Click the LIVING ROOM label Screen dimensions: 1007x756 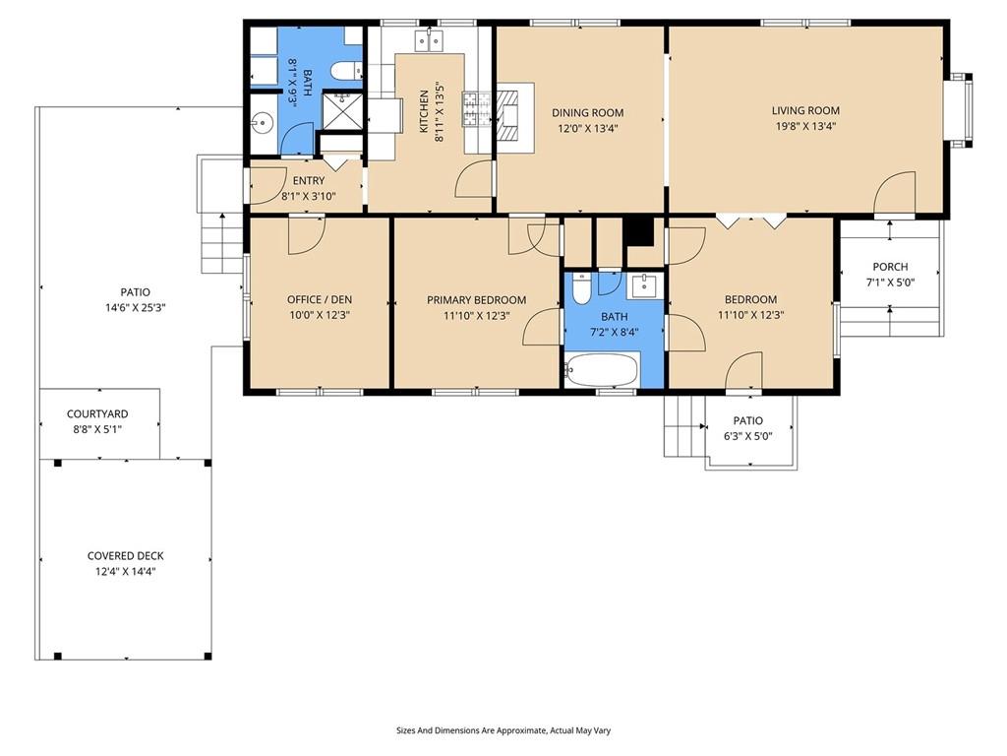coord(805,110)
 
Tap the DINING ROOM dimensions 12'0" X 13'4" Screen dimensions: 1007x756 coord(587,128)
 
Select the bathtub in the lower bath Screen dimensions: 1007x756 coord(602,370)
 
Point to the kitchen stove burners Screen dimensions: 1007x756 coord(476,108)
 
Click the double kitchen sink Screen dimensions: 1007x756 coord(429,40)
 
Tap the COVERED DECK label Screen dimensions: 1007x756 coord(125,555)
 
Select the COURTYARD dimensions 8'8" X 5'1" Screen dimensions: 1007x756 coord(97,429)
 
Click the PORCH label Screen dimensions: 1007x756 coord(890,266)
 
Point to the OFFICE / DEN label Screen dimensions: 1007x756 coord(320,299)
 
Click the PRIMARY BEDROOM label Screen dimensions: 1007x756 coord(477,299)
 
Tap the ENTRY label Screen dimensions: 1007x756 coord(308,181)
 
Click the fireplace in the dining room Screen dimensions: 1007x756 coord(512,116)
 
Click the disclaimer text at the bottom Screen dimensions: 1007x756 coord(503,730)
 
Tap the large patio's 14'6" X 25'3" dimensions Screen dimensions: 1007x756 coord(136,307)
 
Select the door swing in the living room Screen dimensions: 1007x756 coord(895,192)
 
